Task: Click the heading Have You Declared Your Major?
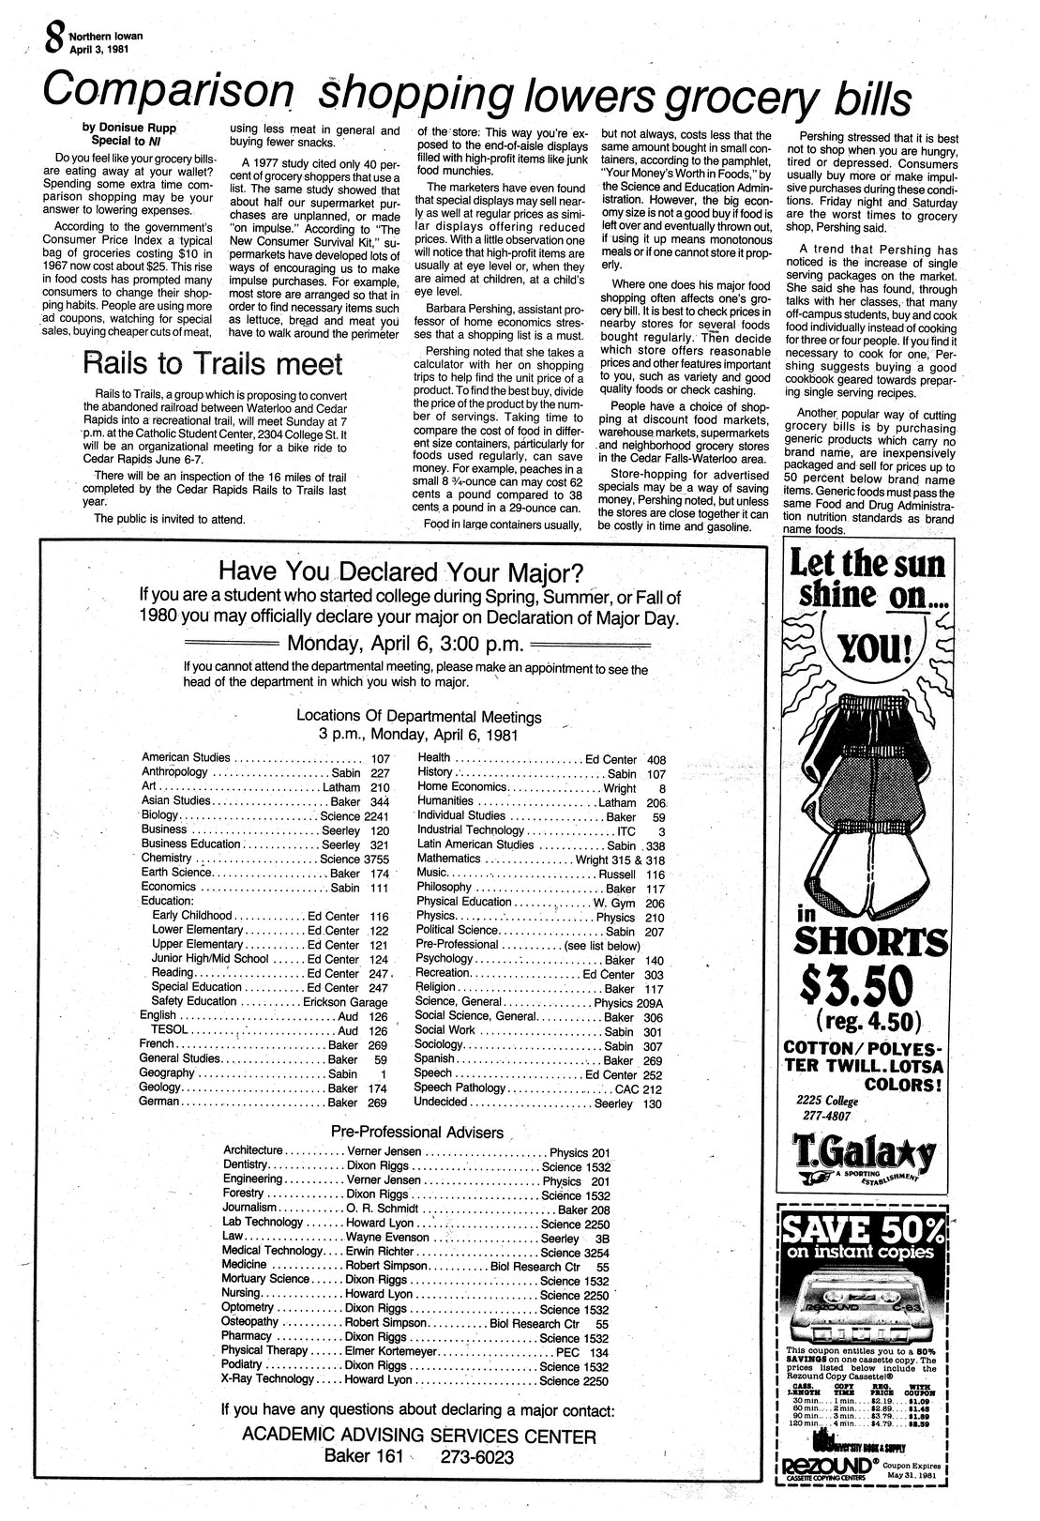point(400,571)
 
